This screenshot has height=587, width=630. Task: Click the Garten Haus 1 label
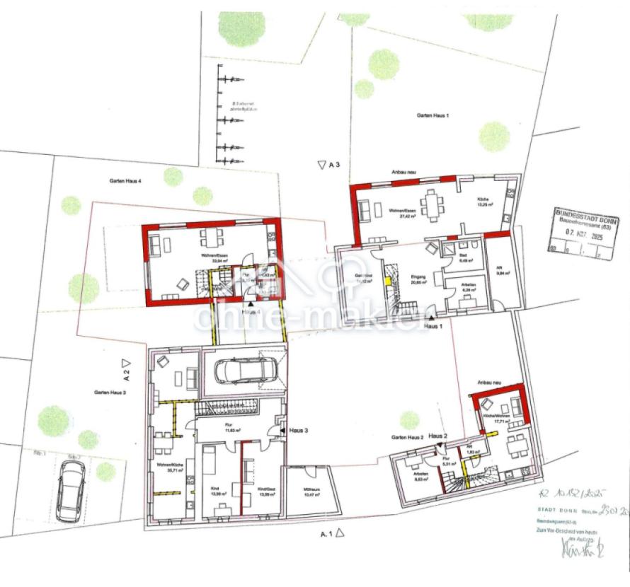point(433,115)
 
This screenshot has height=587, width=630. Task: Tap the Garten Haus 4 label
point(125,182)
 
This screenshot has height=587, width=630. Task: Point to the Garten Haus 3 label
point(110,392)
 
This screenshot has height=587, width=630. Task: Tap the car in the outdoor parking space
point(70,487)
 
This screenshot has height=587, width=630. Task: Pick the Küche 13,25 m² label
point(485,203)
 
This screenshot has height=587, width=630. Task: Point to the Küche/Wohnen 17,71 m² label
point(491,419)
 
